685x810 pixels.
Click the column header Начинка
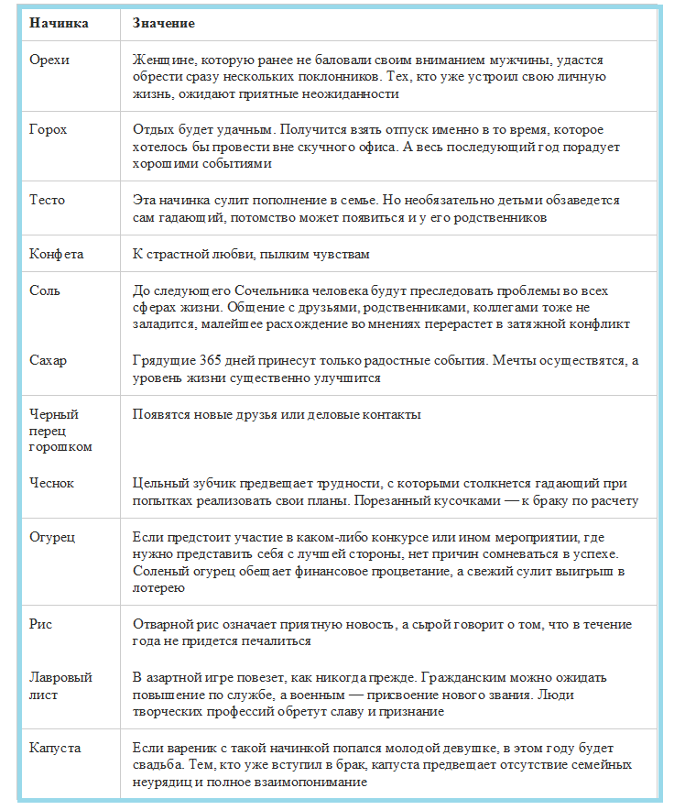tap(59, 22)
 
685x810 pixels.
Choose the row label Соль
tap(46, 290)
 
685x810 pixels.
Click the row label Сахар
tap(48, 360)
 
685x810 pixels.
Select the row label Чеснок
tap(51, 483)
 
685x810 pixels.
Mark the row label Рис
tap(40, 624)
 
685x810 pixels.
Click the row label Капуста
tap(55, 748)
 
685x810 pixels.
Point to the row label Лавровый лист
tap(60, 686)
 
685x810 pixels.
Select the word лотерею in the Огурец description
tap(156, 588)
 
